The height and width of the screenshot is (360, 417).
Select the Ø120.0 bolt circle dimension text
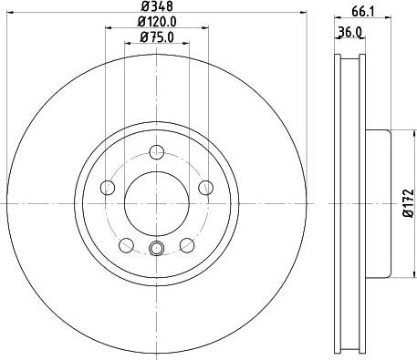coord(156,23)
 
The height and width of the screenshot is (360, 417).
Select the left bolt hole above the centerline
coord(108,188)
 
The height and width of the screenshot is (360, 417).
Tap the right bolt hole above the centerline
coord(205,188)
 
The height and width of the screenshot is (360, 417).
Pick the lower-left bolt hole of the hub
coord(127,245)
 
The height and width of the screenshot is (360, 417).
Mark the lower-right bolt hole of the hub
coord(187,245)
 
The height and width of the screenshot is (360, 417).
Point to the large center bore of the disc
coord(156,202)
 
